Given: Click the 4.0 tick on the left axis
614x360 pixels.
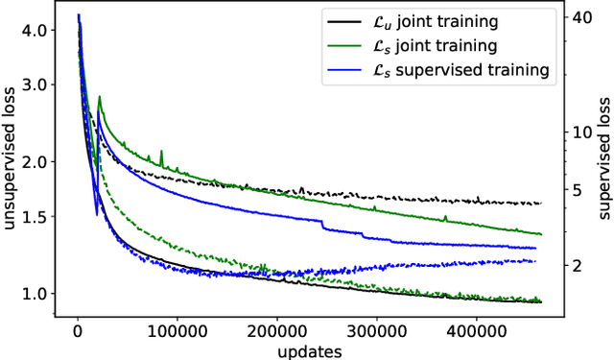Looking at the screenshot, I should coord(33,31).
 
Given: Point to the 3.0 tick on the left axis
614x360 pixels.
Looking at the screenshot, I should coord(33,84).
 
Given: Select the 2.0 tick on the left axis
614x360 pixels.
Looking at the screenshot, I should coord(33,162).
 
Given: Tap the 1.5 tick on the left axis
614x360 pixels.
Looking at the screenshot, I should coord(33,217).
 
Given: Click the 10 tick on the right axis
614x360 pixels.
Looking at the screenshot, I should coord(580,132).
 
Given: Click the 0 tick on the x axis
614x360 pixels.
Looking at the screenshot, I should coord(78,331).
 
